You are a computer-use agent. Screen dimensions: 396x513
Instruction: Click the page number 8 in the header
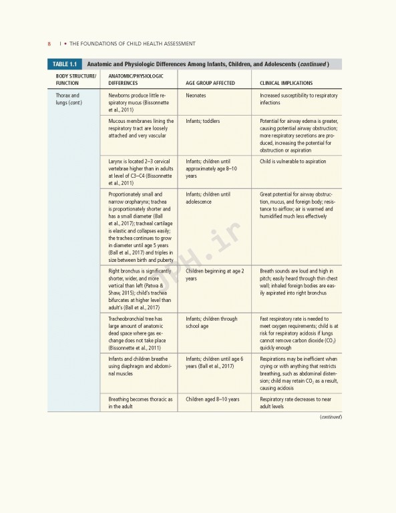49,44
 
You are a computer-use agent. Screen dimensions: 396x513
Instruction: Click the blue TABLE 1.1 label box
64,64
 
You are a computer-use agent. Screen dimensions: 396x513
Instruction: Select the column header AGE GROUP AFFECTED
210,83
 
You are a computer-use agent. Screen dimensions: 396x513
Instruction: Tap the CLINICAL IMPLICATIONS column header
288,83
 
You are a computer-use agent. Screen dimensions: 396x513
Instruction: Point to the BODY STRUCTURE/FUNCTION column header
75,79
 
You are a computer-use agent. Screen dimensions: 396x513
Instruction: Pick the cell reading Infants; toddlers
203,121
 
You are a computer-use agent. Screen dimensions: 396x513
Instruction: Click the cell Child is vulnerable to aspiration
292,161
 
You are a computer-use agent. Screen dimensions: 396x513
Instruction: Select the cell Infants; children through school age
211,323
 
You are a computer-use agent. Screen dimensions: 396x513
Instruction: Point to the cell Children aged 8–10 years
212,399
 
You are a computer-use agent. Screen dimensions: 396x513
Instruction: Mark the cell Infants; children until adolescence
208,198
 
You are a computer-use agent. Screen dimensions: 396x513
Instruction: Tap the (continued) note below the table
330,417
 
